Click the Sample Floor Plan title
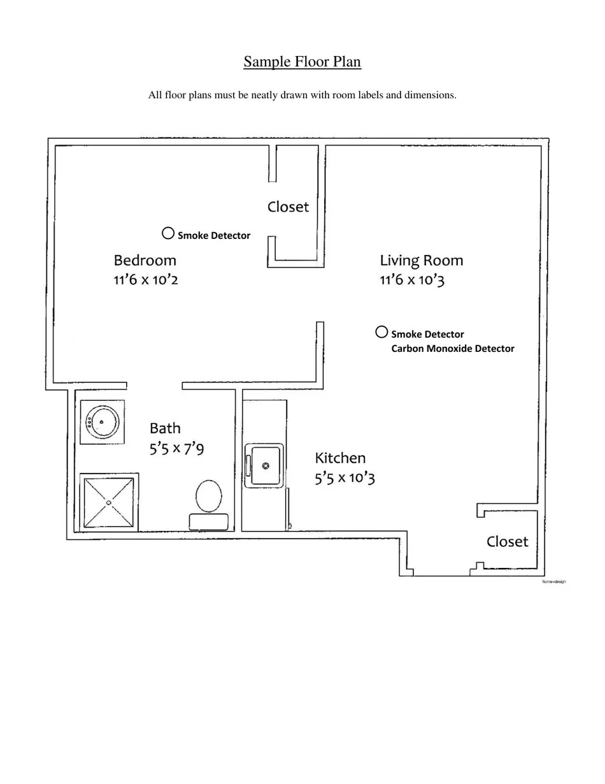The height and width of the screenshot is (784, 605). click(x=302, y=62)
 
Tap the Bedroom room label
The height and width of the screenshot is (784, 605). click(x=145, y=260)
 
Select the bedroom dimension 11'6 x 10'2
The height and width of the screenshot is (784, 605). click(x=146, y=280)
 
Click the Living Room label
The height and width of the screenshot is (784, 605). click(x=422, y=260)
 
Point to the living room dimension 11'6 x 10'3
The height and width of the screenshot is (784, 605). click(x=412, y=280)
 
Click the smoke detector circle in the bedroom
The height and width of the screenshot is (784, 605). click(x=168, y=233)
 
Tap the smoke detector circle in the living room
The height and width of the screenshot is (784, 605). click(x=381, y=331)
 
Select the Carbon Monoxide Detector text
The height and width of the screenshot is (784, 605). click(x=452, y=349)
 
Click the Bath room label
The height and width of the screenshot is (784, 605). click(x=165, y=428)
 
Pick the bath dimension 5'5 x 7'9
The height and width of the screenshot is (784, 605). click(x=176, y=449)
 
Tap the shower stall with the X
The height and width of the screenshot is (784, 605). click(x=108, y=502)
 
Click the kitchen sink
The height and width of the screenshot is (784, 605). click(x=265, y=465)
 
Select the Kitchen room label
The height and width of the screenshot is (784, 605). click(x=340, y=458)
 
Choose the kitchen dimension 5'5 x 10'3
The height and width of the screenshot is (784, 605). click(x=345, y=478)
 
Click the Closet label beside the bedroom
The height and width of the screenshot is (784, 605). click(x=288, y=207)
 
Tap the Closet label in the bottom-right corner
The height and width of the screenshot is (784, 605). click(x=507, y=541)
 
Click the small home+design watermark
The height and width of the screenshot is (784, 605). click(x=553, y=582)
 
